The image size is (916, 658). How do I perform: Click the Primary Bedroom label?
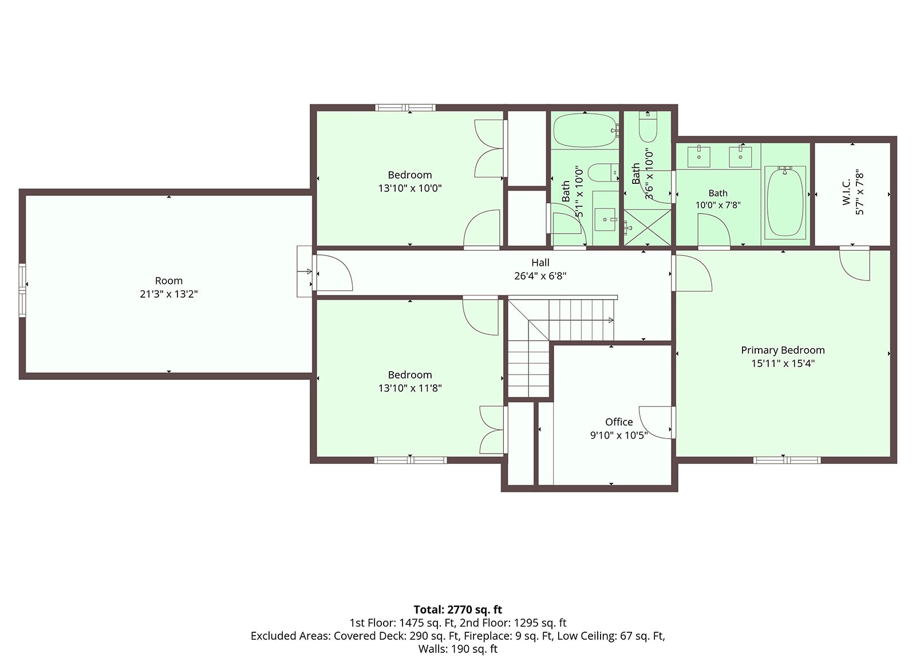click(782, 350)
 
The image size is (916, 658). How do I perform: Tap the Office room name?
click(619, 422)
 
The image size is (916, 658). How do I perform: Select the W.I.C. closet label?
click(846, 192)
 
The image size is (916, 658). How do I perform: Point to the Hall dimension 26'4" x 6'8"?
click(540, 276)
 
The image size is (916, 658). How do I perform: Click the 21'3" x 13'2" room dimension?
click(168, 294)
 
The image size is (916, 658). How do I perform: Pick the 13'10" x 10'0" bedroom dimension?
click(410, 188)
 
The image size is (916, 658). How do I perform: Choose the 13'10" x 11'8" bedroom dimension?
click(410, 388)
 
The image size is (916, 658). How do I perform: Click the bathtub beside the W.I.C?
click(785, 202)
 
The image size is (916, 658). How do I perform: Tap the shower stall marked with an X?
click(647, 228)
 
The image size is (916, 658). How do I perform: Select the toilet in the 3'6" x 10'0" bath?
click(647, 127)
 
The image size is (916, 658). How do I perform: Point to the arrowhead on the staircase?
click(611, 320)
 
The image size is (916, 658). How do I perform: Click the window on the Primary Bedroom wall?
click(787, 460)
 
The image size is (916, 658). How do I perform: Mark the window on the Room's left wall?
click(22, 290)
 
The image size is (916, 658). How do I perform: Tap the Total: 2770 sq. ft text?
click(457, 610)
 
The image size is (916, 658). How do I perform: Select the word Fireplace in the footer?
click(488, 636)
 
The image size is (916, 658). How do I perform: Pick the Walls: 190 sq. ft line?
click(457, 649)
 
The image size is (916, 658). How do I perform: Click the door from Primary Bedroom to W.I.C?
click(855, 263)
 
